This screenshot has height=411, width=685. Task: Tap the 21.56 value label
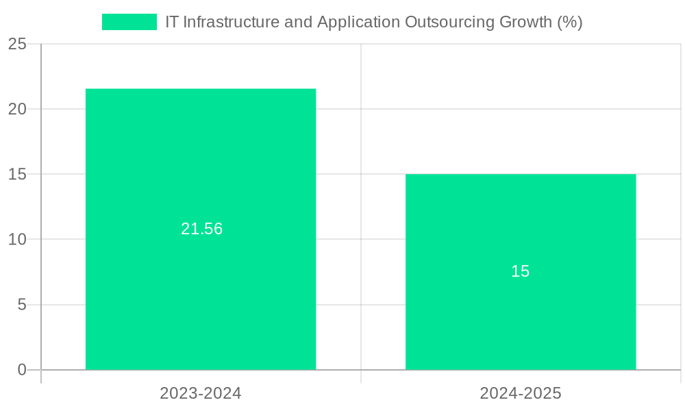click(201, 229)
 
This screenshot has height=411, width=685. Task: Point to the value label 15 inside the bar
click(521, 271)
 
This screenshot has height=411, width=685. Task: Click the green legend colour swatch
click(129, 22)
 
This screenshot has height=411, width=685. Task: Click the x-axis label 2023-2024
click(201, 393)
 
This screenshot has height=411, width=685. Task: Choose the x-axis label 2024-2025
click(521, 393)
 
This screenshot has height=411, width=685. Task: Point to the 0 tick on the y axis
click(22, 370)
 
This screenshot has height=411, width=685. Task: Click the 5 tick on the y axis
click(22, 305)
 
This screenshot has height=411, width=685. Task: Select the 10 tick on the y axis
click(18, 240)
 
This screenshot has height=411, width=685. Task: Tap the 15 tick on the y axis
click(18, 175)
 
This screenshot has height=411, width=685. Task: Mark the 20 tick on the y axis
click(18, 109)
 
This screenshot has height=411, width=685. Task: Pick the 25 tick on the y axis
click(18, 45)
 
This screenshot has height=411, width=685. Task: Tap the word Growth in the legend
click(525, 22)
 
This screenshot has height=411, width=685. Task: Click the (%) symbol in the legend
click(569, 22)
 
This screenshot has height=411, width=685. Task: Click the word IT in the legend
click(173, 22)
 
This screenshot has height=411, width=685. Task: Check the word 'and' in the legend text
click(299, 22)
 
